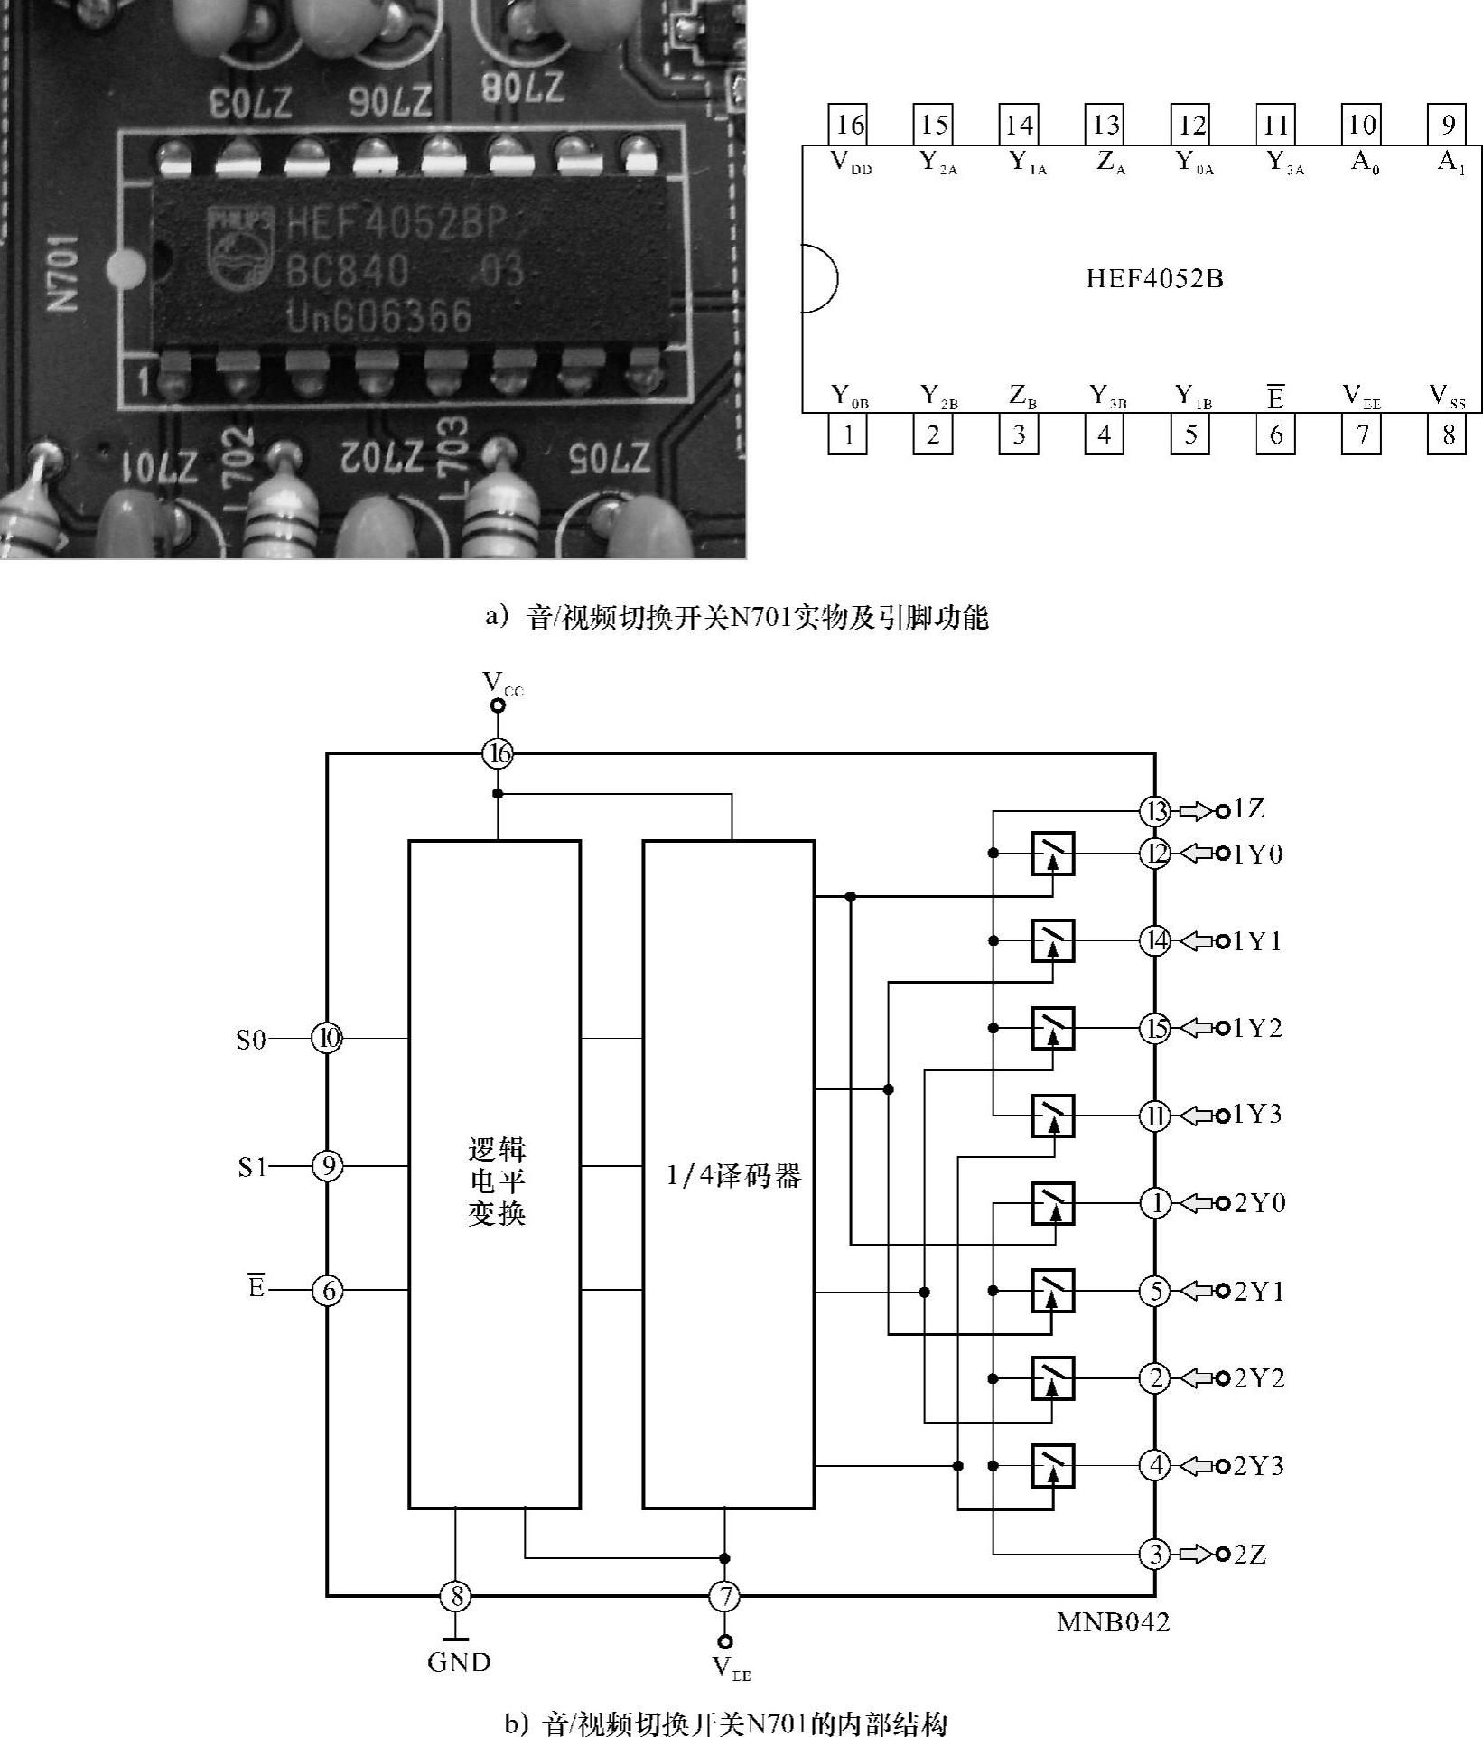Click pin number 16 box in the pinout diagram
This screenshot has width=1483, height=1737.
point(850,125)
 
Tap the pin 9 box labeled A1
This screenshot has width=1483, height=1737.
point(1447,125)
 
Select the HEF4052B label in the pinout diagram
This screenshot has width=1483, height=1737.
point(1154,278)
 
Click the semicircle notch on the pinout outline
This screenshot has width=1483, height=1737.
point(818,279)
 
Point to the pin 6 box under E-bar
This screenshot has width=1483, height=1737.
point(1275,435)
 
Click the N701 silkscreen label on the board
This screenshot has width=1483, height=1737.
point(64,272)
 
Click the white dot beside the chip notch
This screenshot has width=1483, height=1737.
point(126,269)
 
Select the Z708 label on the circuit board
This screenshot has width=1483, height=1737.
point(523,89)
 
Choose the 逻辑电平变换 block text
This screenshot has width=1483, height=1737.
point(496,1180)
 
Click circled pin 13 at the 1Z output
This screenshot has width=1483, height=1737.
point(1155,810)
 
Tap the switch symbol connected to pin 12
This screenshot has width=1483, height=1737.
point(1053,854)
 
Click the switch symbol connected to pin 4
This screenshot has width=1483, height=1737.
point(1053,1465)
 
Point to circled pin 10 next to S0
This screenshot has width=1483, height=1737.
point(327,1039)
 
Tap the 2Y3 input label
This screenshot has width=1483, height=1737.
point(1259,1465)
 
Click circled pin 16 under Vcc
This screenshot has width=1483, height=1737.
point(498,753)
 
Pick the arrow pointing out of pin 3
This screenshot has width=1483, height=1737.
point(1195,1554)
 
